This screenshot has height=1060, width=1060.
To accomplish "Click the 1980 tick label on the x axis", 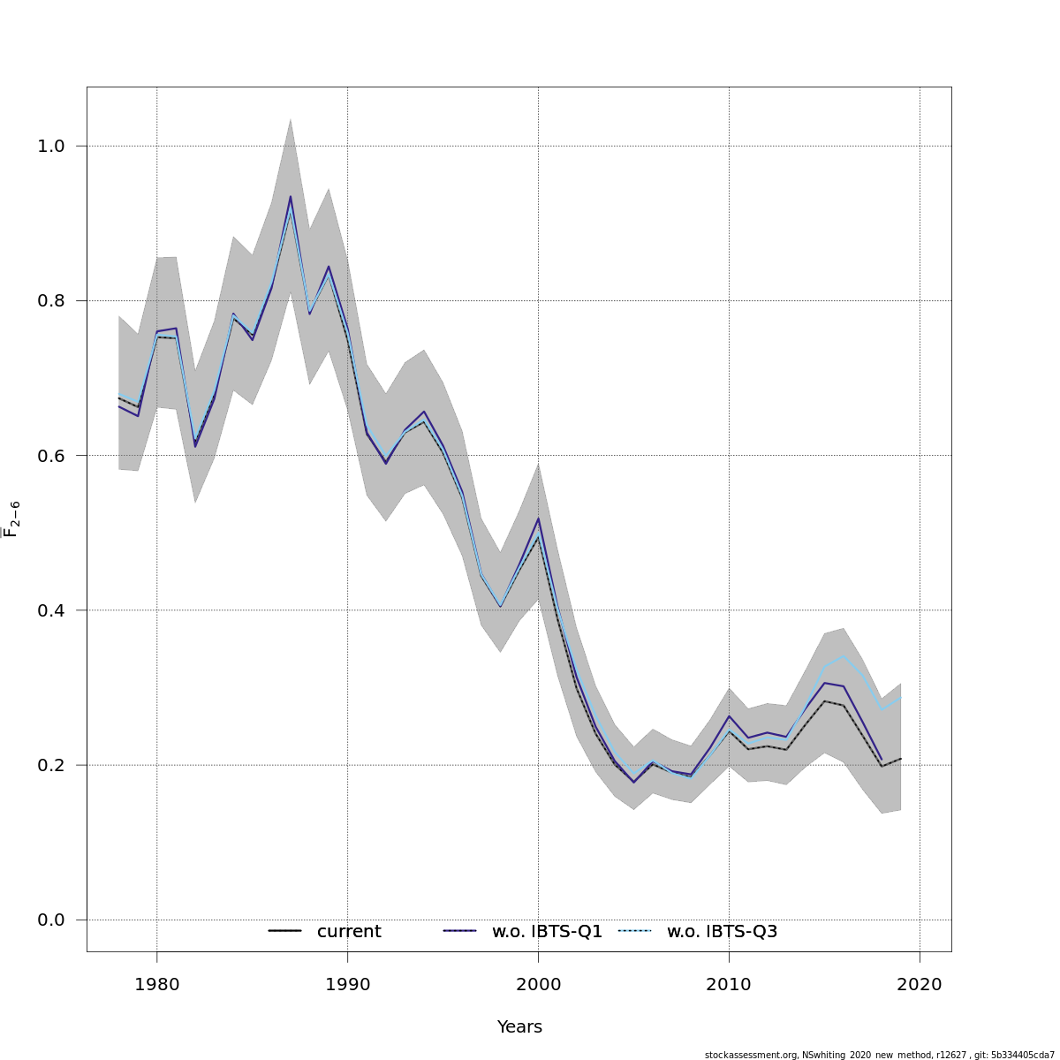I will coord(156,984).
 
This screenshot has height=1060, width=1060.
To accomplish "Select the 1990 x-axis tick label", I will coord(347,984).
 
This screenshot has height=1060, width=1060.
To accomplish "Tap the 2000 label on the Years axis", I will coord(538,984).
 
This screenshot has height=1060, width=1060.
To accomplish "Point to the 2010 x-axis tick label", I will coord(729,984).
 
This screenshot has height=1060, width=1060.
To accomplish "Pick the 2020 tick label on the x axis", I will coord(920,984).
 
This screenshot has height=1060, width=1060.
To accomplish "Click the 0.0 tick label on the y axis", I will coord(51,920).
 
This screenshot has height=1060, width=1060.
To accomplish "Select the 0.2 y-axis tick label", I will coord(51,765).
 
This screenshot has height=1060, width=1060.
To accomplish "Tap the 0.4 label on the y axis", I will coord(51,610).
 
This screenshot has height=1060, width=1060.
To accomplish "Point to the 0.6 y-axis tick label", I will coord(51,456).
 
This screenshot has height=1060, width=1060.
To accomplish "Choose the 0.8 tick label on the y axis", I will coord(51,301).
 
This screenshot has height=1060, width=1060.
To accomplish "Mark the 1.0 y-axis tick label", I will coord(51,146).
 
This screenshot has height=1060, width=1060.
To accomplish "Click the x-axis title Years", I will coord(519,1026).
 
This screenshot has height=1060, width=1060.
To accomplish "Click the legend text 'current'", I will coord(349,931).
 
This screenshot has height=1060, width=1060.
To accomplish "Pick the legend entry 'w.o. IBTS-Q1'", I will coord(547,931).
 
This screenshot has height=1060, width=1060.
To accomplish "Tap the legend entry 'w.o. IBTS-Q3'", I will coord(722,931).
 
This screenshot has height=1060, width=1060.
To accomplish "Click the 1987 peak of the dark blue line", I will coord(290,196).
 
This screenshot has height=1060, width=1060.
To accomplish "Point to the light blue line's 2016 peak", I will coord(844,656).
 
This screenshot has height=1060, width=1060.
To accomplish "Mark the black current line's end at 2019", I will coord(900,758).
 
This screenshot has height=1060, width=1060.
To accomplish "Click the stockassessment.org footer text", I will coord(880,1055).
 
